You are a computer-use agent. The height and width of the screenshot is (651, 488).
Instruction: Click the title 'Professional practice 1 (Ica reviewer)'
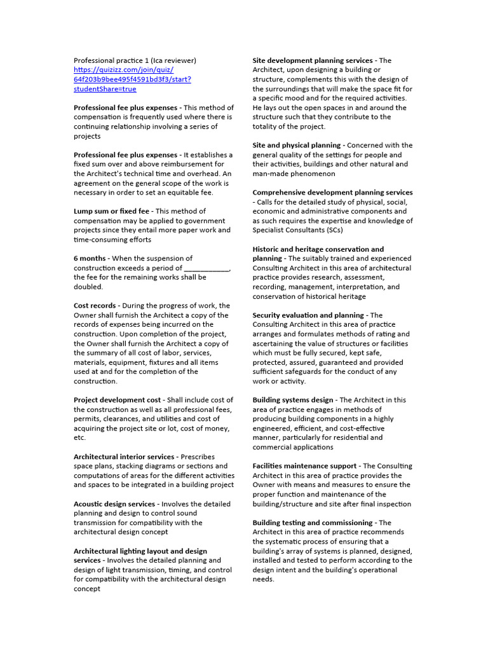coord(135,60)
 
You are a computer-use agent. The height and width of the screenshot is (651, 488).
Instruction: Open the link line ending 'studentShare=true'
coord(105,89)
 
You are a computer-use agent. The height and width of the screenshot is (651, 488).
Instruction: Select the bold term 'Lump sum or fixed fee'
coord(111,211)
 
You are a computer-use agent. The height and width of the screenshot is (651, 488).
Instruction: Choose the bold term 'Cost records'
coord(94,305)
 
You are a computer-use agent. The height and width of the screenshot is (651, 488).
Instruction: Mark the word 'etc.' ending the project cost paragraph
coord(79,437)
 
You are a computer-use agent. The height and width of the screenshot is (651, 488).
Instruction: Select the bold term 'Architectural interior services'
coord(124,456)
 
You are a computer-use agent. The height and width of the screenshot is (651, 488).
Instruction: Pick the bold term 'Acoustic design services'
coord(114,504)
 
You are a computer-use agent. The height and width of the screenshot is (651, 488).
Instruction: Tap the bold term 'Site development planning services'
coord(313,60)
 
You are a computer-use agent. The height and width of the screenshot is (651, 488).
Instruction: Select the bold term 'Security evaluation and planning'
coord(308,315)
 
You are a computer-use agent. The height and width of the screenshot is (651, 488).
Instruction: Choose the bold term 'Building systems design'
coord(292,400)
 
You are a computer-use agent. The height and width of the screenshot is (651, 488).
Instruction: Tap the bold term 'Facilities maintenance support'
coord(305,466)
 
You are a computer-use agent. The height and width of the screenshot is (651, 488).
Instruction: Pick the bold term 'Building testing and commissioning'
coord(312,523)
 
